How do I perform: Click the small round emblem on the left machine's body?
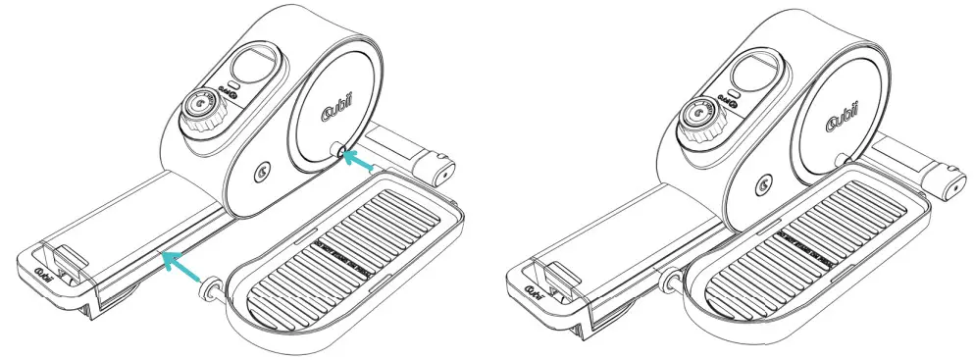(259, 175)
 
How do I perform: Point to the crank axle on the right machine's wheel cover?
(842, 159)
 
